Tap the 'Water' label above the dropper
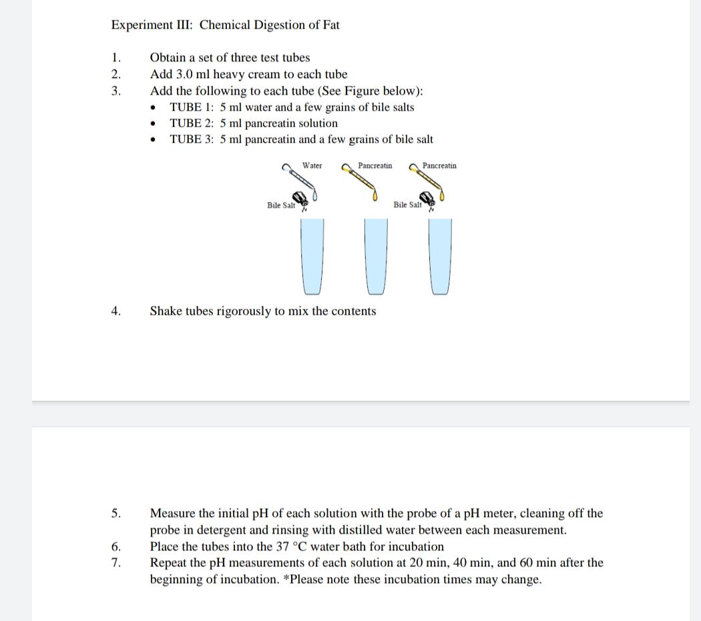(x=312, y=165)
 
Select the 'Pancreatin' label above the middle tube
(x=375, y=165)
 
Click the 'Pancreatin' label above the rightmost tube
(x=439, y=165)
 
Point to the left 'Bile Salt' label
(x=281, y=205)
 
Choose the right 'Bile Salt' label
(x=407, y=205)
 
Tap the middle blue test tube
(x=375, y=256)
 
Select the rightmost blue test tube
(x=439, y=256)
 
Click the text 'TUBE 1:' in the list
(x=192, y=107)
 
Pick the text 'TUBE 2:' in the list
(x=192, y=123)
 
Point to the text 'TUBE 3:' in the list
(x=192, y=139)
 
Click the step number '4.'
(x=116, y=312)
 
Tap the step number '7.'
(x=116, y=563)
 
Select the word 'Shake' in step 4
(x=166, y=312)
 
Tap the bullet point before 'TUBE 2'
(x=154, y=124)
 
